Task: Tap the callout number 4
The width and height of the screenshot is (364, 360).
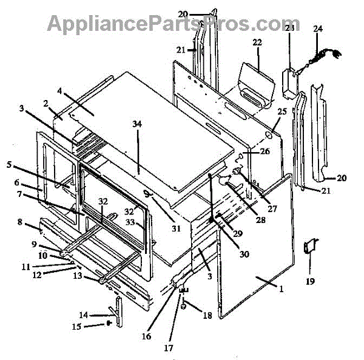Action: [x=60, y=91]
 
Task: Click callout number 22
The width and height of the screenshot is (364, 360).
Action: [x=257, y=42]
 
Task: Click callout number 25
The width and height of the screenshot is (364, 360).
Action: [x=281, y=113]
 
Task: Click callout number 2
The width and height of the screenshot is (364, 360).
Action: [x=45, y=103]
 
